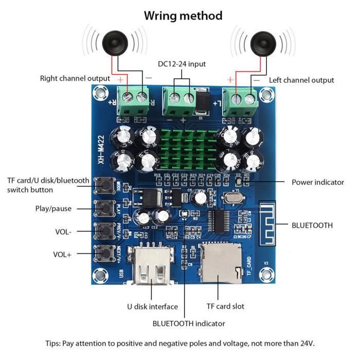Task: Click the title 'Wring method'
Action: click(x=183, y=16)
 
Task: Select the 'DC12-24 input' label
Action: click(x=182, y=64)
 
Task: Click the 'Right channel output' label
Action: click(x=75, y=78)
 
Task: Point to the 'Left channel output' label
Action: click(x=301, y=80)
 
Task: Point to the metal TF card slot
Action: click(x=220, y=264)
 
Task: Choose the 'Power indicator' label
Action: click(x=318, y=182)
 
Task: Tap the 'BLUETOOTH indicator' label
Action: click(x=189, y=323)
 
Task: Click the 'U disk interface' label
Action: click(x=152, y=307)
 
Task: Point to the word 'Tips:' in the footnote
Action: click(x=53, y=343)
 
